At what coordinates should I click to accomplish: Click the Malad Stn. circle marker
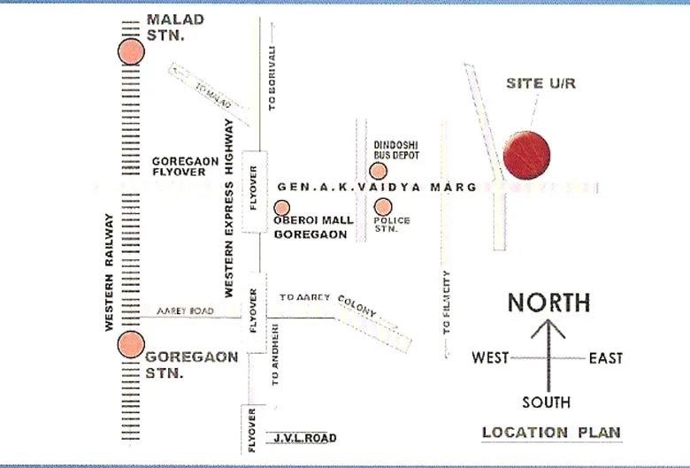(x=130, y=51)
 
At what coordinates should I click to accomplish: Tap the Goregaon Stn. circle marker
(x=131, y=343)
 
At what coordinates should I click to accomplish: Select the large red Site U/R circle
(x=526, y=155)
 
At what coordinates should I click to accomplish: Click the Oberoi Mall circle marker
(x=282, y=208)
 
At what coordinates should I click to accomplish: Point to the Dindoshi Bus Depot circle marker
(x=376, y=171)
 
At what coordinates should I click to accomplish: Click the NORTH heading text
(x=548, y=303)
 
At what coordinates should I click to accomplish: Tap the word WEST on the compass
(x=490, y=358)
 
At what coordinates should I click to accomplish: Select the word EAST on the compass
(x=606, y=358)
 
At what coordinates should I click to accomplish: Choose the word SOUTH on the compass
(x=546, y=403)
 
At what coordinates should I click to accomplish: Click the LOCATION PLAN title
(x=551, y=433)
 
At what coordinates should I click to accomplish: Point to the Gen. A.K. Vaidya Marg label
(x=377, y=188)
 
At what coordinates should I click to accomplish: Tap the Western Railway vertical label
(x=110, y=272)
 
